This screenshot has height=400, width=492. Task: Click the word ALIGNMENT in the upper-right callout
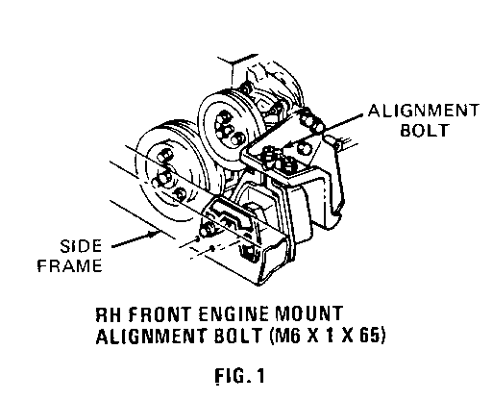click(424, 111)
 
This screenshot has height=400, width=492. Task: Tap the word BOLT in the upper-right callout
click(424, 130)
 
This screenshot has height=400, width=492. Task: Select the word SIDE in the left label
click(81, 246)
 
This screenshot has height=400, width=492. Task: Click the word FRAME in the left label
click(70, 265)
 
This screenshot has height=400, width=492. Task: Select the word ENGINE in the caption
click(234, 314)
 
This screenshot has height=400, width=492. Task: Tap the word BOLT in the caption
click(237, 336)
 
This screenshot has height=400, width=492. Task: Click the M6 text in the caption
click(285, 336)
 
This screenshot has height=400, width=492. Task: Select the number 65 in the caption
click(372, 336)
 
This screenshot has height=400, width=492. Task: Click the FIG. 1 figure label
click(239, 375)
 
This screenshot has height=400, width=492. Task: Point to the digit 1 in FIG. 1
click(260, 375)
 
